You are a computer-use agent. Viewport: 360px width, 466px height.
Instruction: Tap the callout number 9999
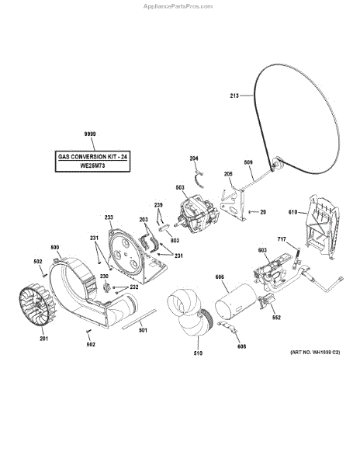[x=89, y=134]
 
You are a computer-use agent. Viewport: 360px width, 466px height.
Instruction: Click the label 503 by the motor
[x=179, y=187]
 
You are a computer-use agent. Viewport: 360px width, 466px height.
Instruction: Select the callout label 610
[x=293, y=212]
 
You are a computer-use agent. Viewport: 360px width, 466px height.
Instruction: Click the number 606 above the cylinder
[x=220, y=277]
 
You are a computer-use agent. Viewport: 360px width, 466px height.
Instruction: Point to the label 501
[x=143, y=331]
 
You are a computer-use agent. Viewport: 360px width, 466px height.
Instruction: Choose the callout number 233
[x=109, y=217]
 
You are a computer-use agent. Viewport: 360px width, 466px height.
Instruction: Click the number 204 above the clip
[x=194, y=158]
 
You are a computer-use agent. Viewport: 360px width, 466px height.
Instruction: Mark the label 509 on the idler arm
[x=248, y=162]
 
